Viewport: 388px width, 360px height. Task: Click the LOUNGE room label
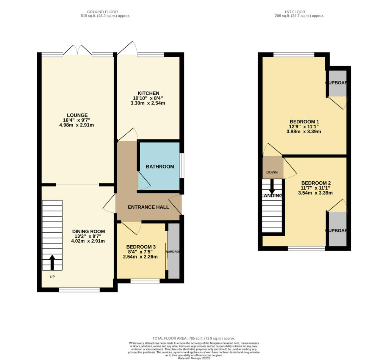pos(77,115)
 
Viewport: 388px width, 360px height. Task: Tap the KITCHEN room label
pos(149,93)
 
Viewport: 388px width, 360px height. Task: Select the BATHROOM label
pos(160,167)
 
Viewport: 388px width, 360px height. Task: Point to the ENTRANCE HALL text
pos(148,207)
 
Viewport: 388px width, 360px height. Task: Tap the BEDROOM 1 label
pos(304,122)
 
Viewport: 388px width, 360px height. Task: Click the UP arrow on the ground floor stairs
pos(52,262)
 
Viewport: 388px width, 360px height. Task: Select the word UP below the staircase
pos(52,277)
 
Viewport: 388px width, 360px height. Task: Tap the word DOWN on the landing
pos(272,172)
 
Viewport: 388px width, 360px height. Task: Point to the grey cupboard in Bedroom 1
pos(337,83)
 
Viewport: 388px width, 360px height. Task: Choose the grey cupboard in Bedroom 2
pos(337,229)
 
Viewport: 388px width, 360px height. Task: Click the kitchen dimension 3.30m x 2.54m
pos(149,103)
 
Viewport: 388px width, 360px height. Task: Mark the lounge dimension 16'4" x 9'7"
pos(77,120)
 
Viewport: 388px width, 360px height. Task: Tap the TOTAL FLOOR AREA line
pos(194,338)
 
